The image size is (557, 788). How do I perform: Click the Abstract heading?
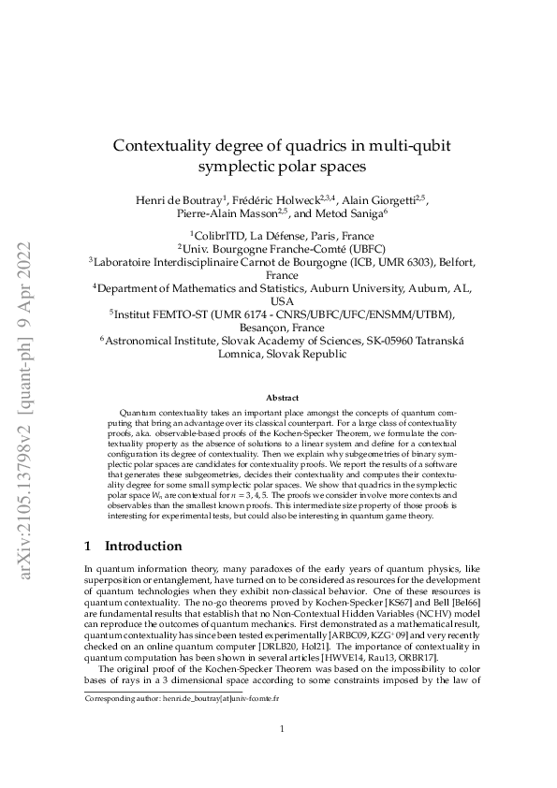click(x=282, y=398)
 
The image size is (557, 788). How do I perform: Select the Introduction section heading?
click(x=143, y=546)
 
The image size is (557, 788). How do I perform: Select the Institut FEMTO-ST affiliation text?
click(x=282, y=315)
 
